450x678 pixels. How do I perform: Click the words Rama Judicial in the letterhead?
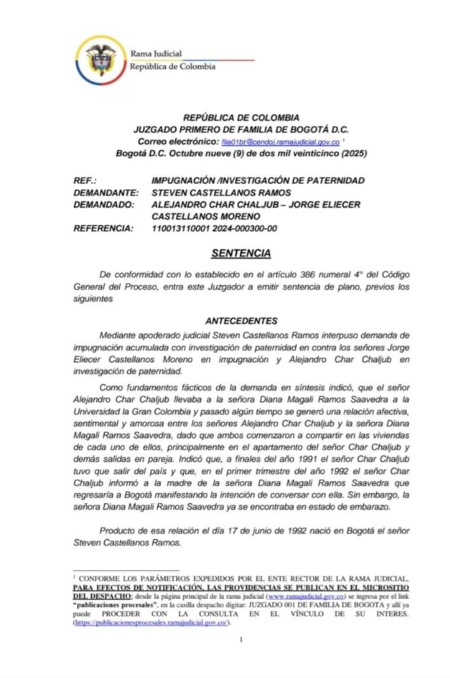(x=156, y=54)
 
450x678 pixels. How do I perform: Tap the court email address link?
(x=281, y=142)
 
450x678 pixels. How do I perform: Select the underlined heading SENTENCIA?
(x=241, y=253)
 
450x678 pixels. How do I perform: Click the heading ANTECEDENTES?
(x=241, y=321)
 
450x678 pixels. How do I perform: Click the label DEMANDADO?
(x=104, y=204)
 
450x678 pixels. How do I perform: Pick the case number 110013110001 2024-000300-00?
(x=214, y=229)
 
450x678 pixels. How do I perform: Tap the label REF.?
(x=85, y=181)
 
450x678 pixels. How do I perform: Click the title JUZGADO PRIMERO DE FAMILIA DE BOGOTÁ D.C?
(x=241, y=130)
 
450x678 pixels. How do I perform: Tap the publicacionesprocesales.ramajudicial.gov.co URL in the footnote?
(x=150, y=623)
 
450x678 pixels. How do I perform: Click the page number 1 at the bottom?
(x=241, y=640)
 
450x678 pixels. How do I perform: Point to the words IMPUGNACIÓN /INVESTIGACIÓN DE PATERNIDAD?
(x=258, y=181)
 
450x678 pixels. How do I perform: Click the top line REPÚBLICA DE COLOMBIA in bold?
(x=241, y=118)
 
